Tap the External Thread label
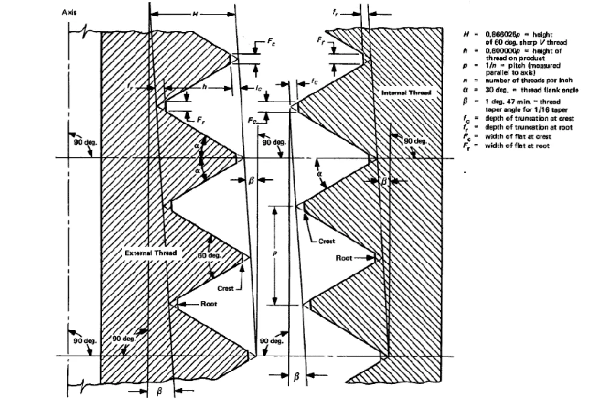click(x=150, y=253)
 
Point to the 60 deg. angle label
click(x=210, y=255)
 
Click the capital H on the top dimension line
click(x=195, y=14)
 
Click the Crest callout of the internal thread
click(x=327, y=241)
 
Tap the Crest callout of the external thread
click(x=225, y=288)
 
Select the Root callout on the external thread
click(x=209, y=304)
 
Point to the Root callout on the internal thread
click(x=344, y=258)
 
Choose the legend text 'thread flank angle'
click(x=550, y=90)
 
